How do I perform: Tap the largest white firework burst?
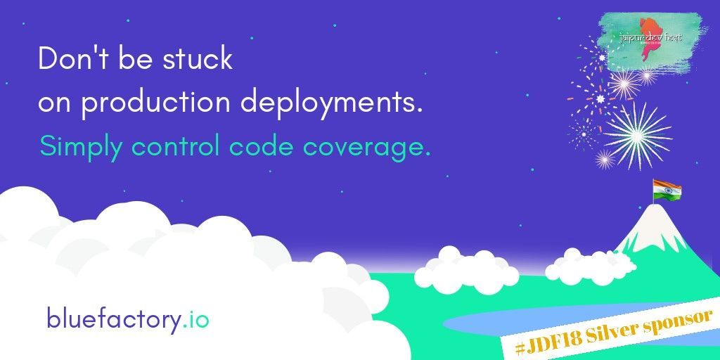coord(637,131)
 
